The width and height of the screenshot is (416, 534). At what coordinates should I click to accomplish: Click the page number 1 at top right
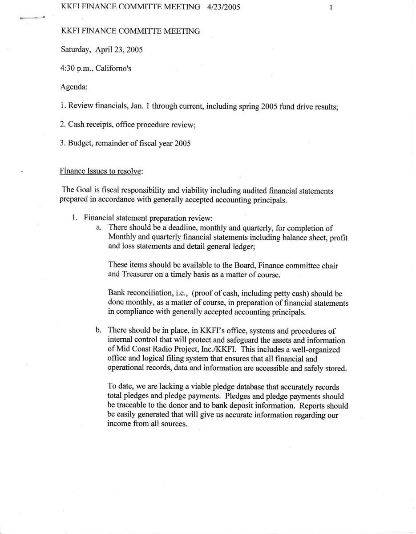[331, 7]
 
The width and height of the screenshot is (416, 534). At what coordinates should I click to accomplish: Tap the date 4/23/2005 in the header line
[224, 7]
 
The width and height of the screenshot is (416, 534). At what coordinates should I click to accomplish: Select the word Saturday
[75, 50]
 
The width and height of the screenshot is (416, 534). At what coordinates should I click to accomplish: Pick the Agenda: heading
[74, 88]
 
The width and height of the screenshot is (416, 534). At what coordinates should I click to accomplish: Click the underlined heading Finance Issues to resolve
[101, 171]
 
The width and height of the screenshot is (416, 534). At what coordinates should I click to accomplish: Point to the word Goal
[83, 190]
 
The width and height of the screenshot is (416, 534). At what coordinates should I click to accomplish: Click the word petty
[275, 294]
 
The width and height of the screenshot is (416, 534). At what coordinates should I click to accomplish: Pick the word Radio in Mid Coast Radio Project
[162, 350]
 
